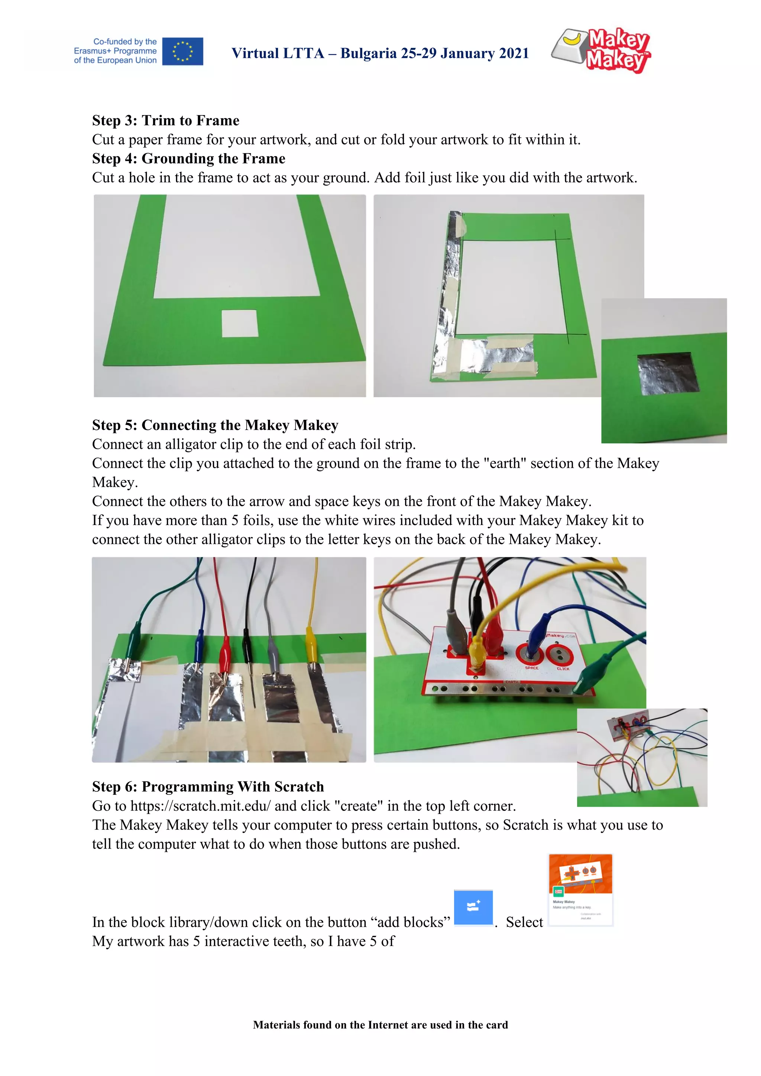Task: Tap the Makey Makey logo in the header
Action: pyautogui.click(x=602, y=50)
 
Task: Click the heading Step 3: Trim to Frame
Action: pyautogui.click(x=165, y=120)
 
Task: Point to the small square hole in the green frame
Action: pyautogui.click(x=239, y=323)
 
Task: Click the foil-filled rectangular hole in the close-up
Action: pyautogui.click(x=668, y=373)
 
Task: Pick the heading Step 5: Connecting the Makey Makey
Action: pyautogui.click(x=215, y=425)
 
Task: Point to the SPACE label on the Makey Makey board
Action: pyautogui.click(x=531, y=667)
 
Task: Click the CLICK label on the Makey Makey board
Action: pyautogui.click(x=563, y=669)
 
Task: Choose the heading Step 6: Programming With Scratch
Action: pyautogui.click(x=208, y=787)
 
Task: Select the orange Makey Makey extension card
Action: pyautogui.click(x=580, y=890)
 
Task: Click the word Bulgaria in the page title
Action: pyautogui.click(x=368, y=54)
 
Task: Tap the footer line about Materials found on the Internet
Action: pyautogui.click(x=380, y=1025)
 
